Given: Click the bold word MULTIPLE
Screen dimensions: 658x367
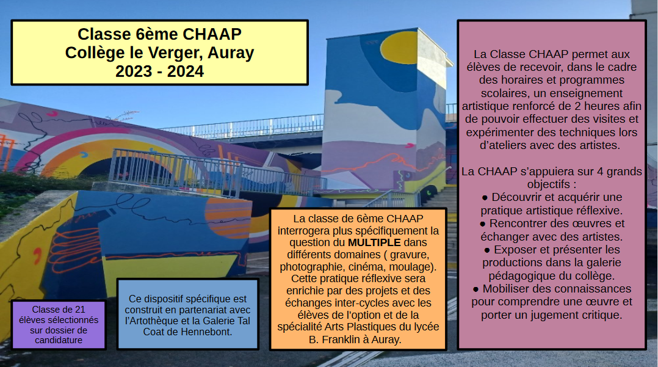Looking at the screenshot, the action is coord(374,242).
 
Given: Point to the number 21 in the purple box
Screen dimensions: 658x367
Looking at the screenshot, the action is coord(80,310).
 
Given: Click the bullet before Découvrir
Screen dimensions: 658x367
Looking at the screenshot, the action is coord(485,198).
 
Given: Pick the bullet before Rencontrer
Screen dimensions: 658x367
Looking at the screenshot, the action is coord(483,224).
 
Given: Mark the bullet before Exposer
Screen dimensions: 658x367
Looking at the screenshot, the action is coord(487,250).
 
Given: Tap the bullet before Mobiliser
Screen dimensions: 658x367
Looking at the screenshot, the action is coord(475,289).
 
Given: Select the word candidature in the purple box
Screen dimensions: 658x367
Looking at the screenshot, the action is coord(59,340).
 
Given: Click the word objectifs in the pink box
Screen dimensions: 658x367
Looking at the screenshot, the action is coord(549,184).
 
